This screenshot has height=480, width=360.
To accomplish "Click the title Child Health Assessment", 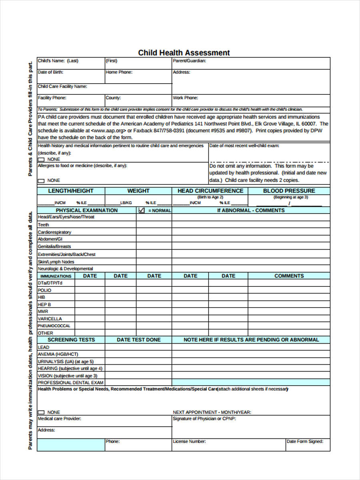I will [x=184, y=53].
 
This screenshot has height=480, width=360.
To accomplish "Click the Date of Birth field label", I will [x=50, y=72].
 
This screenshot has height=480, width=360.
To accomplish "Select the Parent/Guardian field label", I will [x=189, y=61].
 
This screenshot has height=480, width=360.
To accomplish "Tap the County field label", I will [x=113, y=98].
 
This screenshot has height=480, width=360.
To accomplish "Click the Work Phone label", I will [x=185, y=98].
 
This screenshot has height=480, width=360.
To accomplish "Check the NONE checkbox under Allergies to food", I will [x=42, y=181].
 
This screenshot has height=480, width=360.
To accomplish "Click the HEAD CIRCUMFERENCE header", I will [x=210, y=191].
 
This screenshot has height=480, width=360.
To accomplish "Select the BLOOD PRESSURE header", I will [x=289, y=191].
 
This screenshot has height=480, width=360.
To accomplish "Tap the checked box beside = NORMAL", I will [x=141, y=210].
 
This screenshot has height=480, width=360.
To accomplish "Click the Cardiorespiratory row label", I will [x=54, y=232].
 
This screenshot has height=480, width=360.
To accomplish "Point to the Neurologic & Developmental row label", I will [x=65, y=269].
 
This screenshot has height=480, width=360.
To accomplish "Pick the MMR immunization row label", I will [x=43, y=312].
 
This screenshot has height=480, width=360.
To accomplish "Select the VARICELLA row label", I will [x=50, y=319].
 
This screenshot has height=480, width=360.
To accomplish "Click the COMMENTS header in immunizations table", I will [x=289, y=276].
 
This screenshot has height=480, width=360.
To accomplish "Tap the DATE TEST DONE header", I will [x=138, y=340].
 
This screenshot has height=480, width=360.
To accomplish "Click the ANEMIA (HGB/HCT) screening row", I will [x=58, y=354].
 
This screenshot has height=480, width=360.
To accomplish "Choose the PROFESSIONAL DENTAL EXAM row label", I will [x=70, y=383].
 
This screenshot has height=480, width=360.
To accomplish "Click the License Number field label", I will [x=189, y=442].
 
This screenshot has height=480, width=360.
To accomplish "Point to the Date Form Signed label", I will [x=304, y=442].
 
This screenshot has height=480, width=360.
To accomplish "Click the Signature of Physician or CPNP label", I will [x=204, y=419].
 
